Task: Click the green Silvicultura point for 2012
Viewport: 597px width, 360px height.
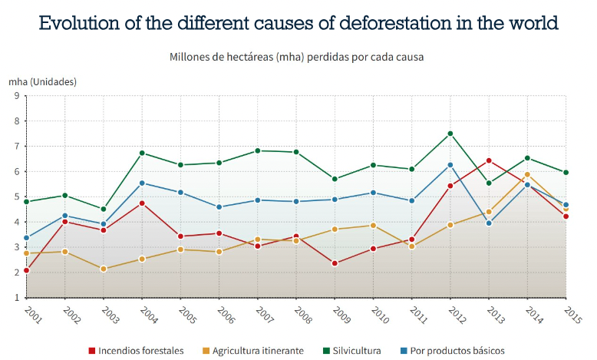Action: pos(450,134)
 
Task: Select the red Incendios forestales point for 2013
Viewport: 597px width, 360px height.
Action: pos(489,160)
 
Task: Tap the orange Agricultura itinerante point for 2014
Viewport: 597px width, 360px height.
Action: pos(527,174)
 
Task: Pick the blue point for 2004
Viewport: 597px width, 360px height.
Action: pos(142,183)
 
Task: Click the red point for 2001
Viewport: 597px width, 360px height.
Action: pos(27,270)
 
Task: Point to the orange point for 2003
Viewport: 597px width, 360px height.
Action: pos(104,269)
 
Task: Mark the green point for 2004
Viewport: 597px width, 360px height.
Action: pos(142,153)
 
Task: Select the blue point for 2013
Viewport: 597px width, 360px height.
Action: pos(489,223)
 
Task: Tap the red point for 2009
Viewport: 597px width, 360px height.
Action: pos(335,263)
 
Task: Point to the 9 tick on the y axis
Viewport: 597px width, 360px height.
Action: pos(16,96)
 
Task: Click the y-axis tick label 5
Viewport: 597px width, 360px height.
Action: pos(16,197)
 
